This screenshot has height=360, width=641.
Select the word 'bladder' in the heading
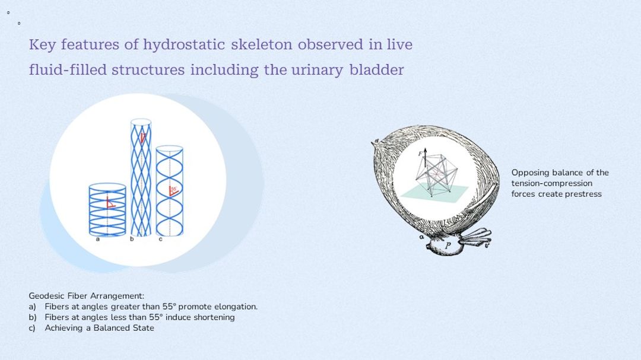[376, 70]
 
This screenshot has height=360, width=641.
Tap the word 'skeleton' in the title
[262, 44]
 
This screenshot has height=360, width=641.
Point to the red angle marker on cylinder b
[142, 138]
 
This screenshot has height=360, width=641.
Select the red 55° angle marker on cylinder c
[173, 191]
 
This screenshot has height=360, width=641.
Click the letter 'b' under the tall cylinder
[132, 238]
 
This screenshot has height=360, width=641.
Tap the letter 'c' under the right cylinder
[161, 239]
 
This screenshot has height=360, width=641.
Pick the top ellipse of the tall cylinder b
[141, 122]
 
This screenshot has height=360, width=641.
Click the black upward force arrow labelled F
[425, 158]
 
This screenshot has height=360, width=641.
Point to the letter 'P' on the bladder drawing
[448, 246]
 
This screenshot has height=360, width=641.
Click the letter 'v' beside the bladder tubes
[486, 245]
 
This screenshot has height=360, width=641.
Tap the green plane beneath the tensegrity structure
[433, 194]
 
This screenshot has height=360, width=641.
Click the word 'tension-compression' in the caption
[552, 183]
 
